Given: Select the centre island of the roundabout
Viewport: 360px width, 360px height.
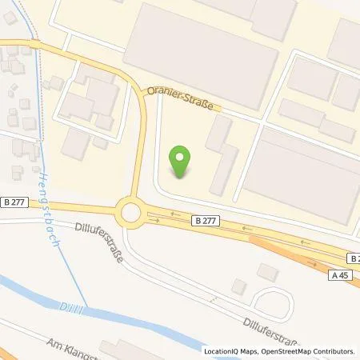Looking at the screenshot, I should tap(130, 213).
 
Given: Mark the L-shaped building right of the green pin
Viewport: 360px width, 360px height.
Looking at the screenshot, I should tap(220, 156).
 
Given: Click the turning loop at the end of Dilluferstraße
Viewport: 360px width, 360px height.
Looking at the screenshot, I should tap(273, 302).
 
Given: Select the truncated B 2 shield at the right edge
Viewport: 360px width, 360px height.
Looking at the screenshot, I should tap(354, 258).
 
